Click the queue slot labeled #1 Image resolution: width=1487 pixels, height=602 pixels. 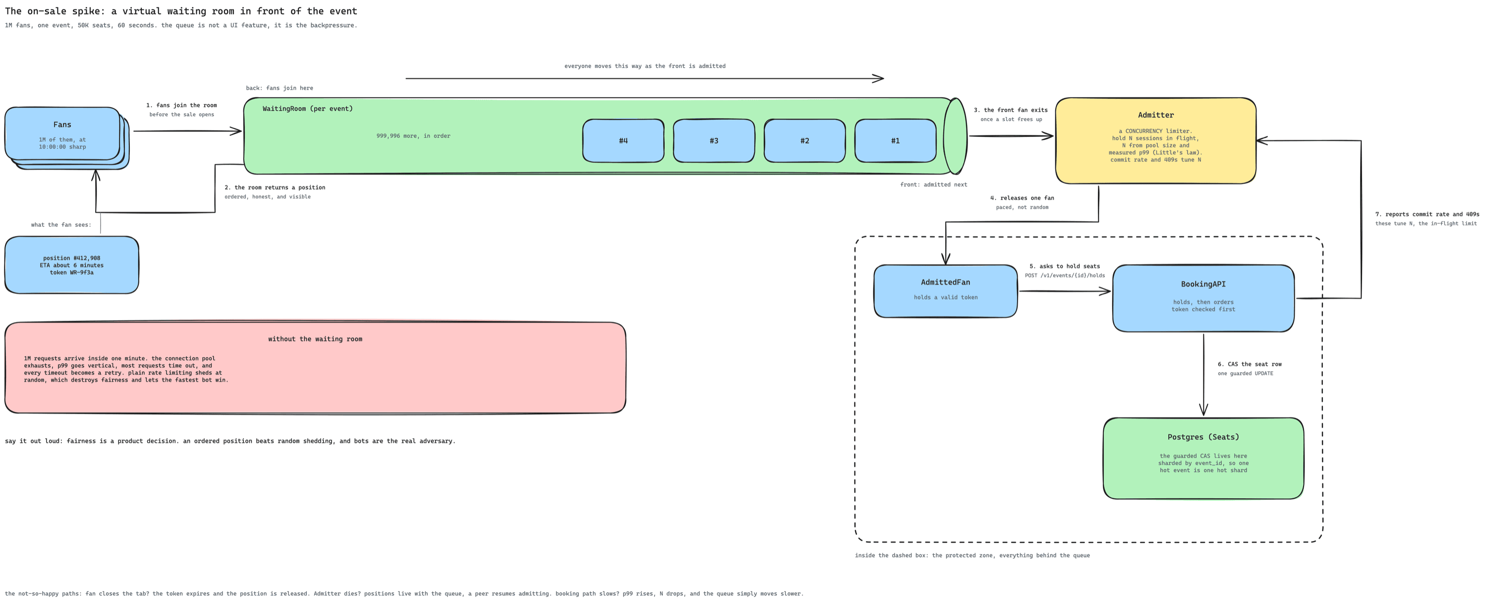coord(895,140)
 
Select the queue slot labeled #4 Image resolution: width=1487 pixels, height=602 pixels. coord(624,140)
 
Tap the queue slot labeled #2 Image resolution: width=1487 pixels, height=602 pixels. coord(804,140)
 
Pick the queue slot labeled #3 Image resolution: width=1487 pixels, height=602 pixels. coord(714,140)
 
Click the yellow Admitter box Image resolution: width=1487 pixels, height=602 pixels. coord(1156,140)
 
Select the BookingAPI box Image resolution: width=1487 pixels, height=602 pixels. coord(1203,298)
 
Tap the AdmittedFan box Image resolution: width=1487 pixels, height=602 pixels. coord(946,291)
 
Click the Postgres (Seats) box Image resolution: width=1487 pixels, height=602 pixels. coord(1203,458)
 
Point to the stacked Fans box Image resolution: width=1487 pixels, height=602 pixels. coord(67,137)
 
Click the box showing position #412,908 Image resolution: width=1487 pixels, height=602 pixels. coord(71,265)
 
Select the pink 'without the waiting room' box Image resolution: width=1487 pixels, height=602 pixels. coord(315,367)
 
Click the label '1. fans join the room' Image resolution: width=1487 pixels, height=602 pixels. coord(181,105)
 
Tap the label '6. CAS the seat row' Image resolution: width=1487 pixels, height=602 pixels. coord(1250,364)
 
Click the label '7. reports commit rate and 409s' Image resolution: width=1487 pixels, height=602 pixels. coord(1427,214)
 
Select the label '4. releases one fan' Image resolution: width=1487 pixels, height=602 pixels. coord(1022,198)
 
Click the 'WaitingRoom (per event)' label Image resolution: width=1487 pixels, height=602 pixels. coord(308,109)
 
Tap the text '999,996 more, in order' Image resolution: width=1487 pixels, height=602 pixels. coord(413,136)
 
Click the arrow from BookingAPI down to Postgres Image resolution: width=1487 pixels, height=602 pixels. coord(1203,374)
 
